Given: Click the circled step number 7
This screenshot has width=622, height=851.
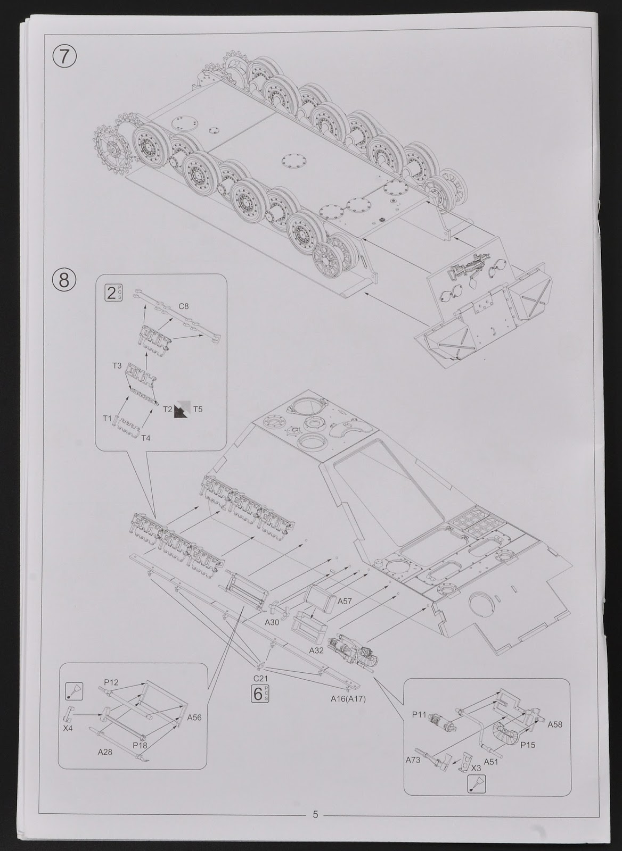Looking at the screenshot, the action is pos(64,56).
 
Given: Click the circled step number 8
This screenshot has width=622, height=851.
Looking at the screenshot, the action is pos(64,280).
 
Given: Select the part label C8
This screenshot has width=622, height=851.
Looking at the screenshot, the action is pos(184,306).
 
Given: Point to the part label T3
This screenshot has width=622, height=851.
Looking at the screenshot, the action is pos(117,366).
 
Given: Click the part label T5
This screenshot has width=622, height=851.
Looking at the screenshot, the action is pos(198,409).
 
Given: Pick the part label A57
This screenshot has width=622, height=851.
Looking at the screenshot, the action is pos(345,602).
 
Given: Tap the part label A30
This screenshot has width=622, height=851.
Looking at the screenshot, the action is pos(272,622).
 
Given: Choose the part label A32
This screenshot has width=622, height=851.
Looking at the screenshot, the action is pos(316,650).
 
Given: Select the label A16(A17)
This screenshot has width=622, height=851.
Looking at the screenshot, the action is pos(348,699).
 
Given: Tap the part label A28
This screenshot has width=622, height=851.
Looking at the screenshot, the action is pos(105,752).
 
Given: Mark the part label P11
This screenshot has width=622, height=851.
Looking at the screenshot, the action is pos(419,715).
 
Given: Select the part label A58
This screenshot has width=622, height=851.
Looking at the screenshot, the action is pos(555,724).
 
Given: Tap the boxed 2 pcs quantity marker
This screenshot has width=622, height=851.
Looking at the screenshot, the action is pos(113,293).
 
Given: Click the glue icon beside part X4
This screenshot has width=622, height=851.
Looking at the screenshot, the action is pos(74,691).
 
